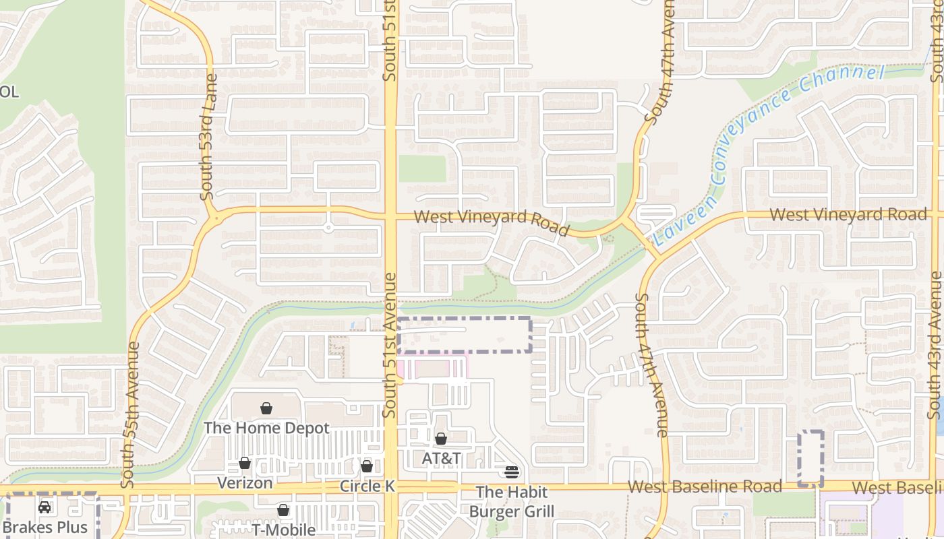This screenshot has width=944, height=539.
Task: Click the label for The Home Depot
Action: coord(266,428)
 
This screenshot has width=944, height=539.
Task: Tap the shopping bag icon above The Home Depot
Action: coord(266,408)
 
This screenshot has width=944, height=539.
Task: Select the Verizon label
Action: coord(245,482)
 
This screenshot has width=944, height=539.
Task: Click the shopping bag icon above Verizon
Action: coord(245,463)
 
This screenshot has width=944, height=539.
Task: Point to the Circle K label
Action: coord(367,486)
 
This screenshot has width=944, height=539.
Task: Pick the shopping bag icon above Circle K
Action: coord(367,466)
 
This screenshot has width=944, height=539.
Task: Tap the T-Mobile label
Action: coord(284,530)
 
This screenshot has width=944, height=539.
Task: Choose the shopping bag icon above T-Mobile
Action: coord(283,510)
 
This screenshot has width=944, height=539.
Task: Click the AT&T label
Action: coord(441,459)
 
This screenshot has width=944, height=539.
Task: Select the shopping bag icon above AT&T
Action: coord(441,439)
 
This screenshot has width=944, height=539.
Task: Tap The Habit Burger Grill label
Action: coord(511,502)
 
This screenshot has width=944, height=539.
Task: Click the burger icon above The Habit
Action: coord(511,472)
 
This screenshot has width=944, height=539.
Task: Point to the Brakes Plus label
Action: coord(45,526)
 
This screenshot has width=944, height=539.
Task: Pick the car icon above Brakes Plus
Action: coord(45,507)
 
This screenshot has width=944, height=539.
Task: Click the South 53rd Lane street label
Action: coord(209,147)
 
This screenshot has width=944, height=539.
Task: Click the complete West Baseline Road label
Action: coord(705,486)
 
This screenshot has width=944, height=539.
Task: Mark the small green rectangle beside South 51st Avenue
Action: coord(422,169)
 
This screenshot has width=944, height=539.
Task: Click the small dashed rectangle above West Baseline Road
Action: coord(810,458)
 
